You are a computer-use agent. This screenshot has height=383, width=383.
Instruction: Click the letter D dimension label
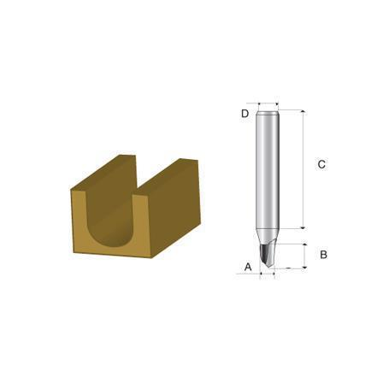pyautogui.click(x=245, y=114)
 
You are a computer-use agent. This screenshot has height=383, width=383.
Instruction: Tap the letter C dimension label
pyautogui.click(x=321, y=164)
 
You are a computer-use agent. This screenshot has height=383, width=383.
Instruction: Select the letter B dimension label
pyautogui.click(x=323, y=255)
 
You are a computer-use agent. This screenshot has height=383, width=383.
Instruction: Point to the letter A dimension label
pyautogui.click(x=248, y=268)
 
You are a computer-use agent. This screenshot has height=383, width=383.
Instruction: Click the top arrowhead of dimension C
pyautogui.click(x=303, y=111)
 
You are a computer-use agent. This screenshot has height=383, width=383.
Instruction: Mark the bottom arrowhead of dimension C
pyautogui.click(x=303, y=227)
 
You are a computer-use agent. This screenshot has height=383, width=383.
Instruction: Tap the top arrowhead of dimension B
pyautogui.click(x=305, y=245)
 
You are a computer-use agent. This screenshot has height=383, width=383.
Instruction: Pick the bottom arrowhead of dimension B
pyautogui.click(x=305, y=267)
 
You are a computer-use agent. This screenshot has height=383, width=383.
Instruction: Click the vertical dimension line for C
pyautogui.click(x=303, y=169)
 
